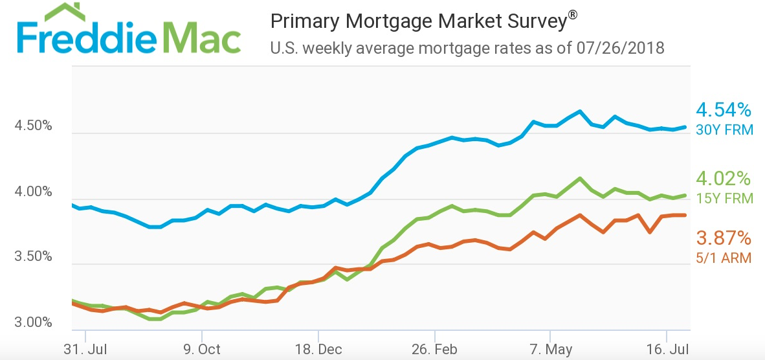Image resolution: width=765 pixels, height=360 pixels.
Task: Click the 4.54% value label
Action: [724, 109]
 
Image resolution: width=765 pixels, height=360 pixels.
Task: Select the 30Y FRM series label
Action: [725, 129]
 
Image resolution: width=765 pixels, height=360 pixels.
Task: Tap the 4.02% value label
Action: [724, 178]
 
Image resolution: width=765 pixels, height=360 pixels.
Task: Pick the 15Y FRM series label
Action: [725, 198]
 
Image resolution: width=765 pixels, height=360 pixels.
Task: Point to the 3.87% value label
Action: [724, 238]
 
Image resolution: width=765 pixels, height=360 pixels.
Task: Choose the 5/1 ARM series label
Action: [724, 258]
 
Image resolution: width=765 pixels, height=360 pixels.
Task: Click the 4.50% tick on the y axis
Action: [33, 126]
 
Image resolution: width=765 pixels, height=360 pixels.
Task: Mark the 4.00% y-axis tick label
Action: [33, 192]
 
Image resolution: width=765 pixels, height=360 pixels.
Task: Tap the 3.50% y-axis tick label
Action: [33, 256]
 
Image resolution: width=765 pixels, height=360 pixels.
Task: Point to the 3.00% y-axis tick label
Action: [33, 322]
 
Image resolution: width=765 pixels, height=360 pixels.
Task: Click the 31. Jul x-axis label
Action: [85, 350]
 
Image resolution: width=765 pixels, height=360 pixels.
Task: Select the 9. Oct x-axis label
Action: [202, 350]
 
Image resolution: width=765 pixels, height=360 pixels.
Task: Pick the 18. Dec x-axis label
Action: [318, 350]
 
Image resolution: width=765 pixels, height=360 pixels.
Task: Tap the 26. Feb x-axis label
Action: [435, 350]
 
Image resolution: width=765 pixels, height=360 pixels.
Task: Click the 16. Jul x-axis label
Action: [666, 350]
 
